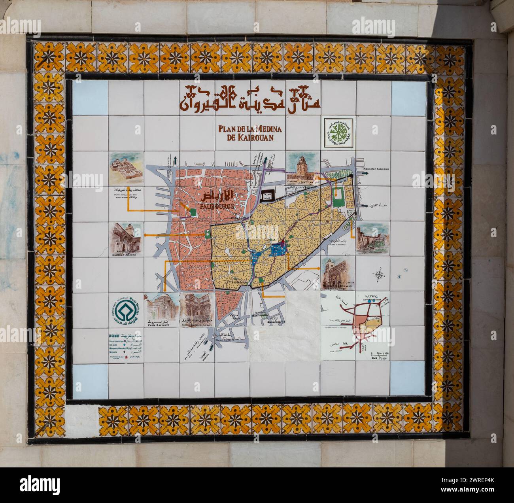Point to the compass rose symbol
(x=379, y=274)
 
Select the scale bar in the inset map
(x=376, y=354)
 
